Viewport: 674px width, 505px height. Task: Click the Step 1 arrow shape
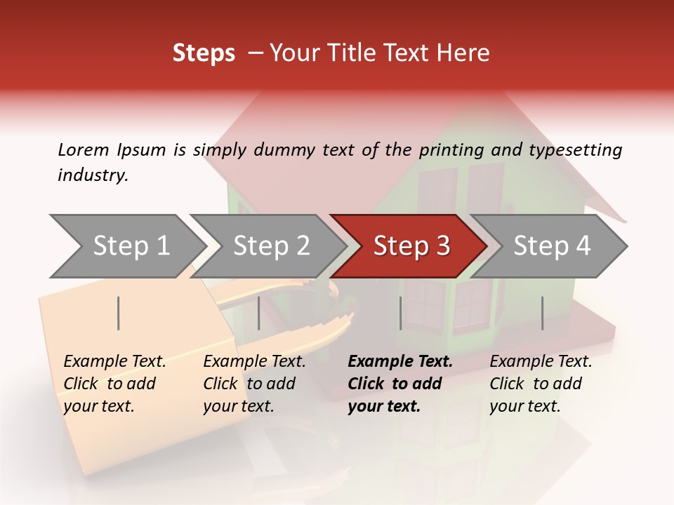[x=130, y=246]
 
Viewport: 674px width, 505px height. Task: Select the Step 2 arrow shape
[x=270, y=246]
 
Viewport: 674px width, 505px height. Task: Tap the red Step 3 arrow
[x=411, y=246]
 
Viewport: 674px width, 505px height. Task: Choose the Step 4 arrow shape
[x=551, y=246]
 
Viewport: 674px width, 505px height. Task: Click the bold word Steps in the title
[x=204, y=53]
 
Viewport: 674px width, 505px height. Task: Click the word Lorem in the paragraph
[x=84, y=149]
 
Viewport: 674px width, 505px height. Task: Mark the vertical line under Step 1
[x=119, y=313]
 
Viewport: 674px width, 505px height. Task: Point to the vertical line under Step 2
[x=259, y=313]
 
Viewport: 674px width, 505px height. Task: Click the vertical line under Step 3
[x=401, y=313]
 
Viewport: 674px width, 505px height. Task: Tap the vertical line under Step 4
[x=543, y=313]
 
